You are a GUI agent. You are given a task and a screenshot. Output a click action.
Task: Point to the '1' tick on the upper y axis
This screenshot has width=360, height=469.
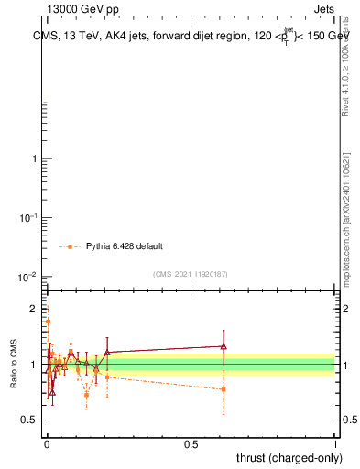pyautogui.click(x=34, y=159)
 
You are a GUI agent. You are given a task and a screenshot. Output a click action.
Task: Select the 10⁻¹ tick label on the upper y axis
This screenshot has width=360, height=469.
pyautogui.click(x=28, y=217)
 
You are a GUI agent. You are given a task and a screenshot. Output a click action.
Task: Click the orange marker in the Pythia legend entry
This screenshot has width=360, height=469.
pyautogui.click(x=70, y=246)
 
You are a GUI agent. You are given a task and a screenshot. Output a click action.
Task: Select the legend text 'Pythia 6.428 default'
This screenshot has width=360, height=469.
pyautogui.click(x=125, y=246)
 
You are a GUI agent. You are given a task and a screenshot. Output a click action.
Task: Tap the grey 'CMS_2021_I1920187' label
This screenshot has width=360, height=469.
pyautogui.click(x=190, y=274)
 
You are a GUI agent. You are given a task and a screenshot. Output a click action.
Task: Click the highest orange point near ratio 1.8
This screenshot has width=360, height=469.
pyautogui.click(x=48, y=322)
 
